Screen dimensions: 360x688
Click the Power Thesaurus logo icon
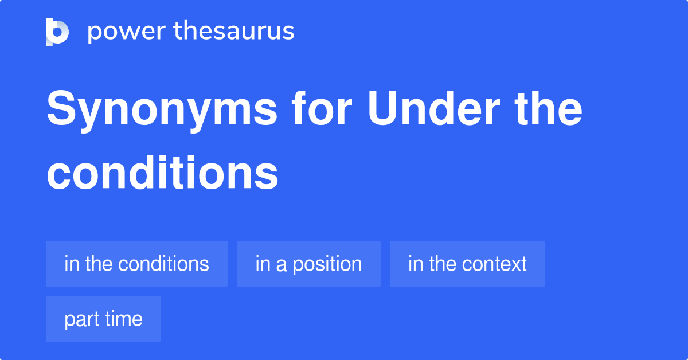pos(57,32)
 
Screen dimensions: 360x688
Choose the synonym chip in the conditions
pos(136,264)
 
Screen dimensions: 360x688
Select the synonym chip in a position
pos(308,264)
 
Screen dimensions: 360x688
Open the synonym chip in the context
pos(467,264)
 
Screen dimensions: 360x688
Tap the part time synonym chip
pos(103,319)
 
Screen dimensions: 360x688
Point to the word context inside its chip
pos(494,264)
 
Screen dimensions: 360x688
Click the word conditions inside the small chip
pos(163,264)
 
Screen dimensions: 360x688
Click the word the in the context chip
pos(442,264)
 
